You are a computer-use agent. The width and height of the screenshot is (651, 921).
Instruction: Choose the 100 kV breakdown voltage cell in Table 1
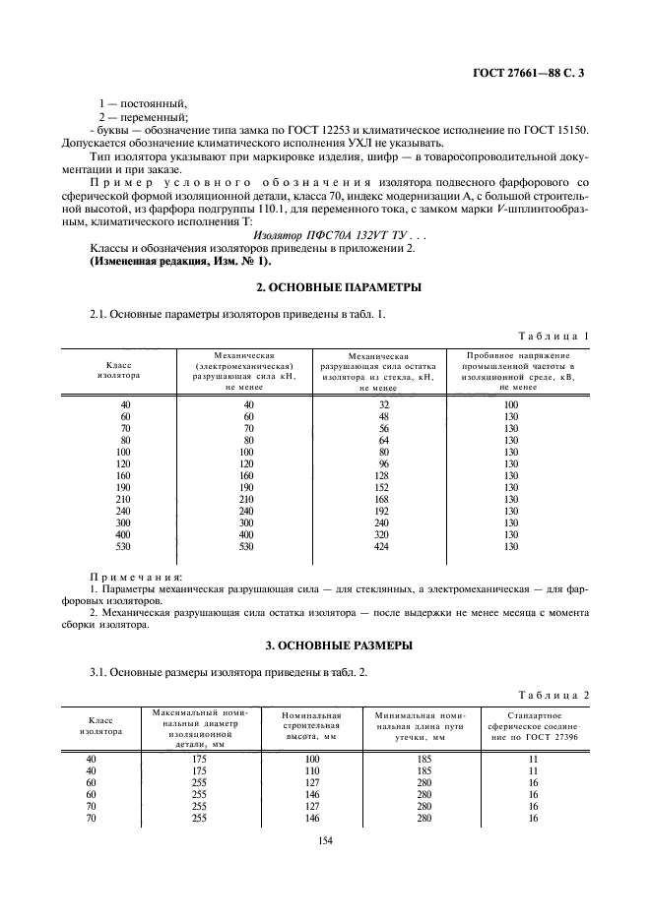pos(510,404)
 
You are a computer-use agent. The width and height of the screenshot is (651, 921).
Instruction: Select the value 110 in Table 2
pos(313,770)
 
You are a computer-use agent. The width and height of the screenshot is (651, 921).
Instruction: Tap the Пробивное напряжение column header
pos(510,370)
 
